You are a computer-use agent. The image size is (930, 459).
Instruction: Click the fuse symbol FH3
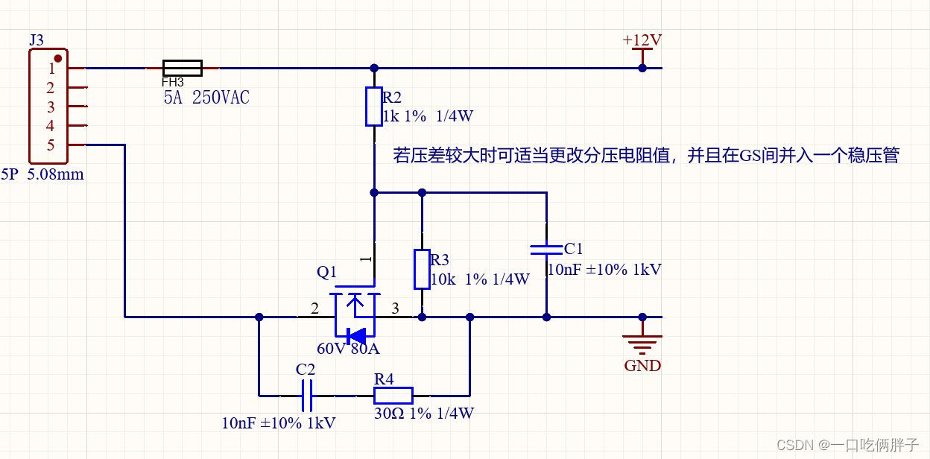click(182, 68)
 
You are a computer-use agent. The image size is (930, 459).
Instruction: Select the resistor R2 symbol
click(374, 107)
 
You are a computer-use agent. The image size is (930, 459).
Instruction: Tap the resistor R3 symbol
click(422, 269)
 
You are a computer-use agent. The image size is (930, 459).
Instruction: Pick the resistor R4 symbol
click(393, 396)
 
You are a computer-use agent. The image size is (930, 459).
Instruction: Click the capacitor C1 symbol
click(546, 249)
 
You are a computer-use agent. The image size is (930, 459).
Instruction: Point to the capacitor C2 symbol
click(306, 396)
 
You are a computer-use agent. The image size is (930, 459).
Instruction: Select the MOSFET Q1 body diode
click(357, 335)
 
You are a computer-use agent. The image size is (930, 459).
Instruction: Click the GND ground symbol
click(642, 344)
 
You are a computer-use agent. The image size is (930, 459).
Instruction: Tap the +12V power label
click(642, 40)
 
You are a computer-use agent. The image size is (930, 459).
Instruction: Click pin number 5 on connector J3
click(51, 145)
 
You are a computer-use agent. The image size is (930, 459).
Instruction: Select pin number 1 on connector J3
click(51, 69)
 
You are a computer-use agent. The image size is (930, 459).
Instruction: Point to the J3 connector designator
click(37, 40)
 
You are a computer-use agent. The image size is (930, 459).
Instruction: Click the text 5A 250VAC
click(206, 97)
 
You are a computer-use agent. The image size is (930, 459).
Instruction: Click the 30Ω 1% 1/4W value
click(423, 414)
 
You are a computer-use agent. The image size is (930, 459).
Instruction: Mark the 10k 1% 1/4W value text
click(480, 279)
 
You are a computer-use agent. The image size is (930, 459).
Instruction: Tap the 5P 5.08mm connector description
click(42, 175)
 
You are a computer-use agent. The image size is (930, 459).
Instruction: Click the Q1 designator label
click(327, 272)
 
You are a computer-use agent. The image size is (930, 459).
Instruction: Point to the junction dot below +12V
click(642, 68)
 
